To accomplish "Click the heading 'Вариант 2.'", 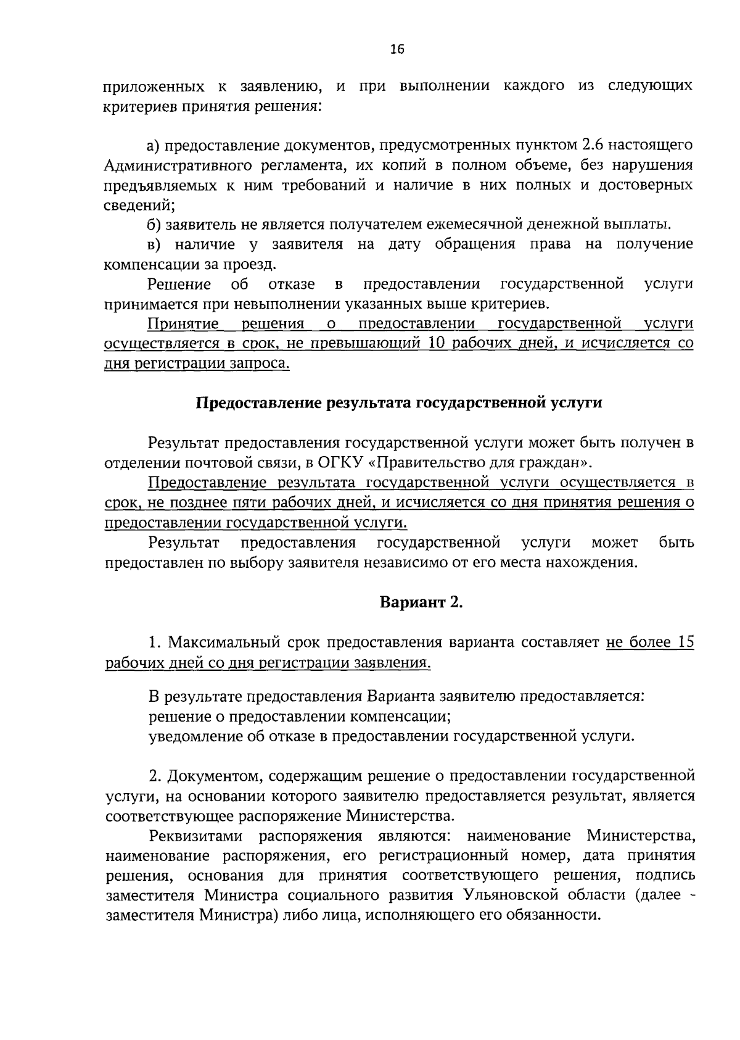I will [421, 603].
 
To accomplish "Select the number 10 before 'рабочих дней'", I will [436, 344].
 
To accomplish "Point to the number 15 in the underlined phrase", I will [685, 643].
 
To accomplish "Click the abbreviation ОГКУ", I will [343, 462].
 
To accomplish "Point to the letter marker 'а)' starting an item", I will [154, 146].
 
